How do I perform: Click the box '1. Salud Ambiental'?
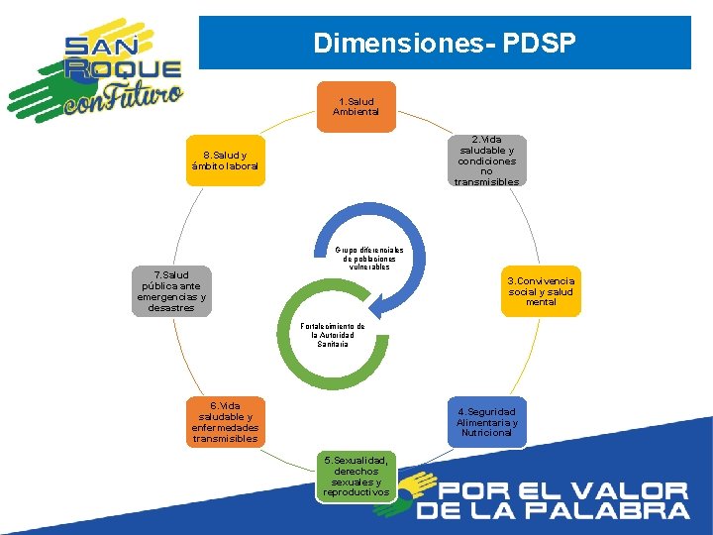click(357, 106)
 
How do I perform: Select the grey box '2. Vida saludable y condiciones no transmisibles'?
click(486, 160)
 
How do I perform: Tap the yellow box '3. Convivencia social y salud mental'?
click(541, 291)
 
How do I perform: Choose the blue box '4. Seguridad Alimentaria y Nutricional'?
click(486, 422)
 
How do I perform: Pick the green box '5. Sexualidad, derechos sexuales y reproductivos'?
click(357, 477)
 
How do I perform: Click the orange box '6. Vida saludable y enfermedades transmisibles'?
click(226, 422)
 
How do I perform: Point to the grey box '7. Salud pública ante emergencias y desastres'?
click(172, 291)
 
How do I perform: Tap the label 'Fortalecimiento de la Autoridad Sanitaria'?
click(333, 335)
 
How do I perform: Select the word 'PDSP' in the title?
click(539, 44)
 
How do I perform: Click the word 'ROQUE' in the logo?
click(124, 69)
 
